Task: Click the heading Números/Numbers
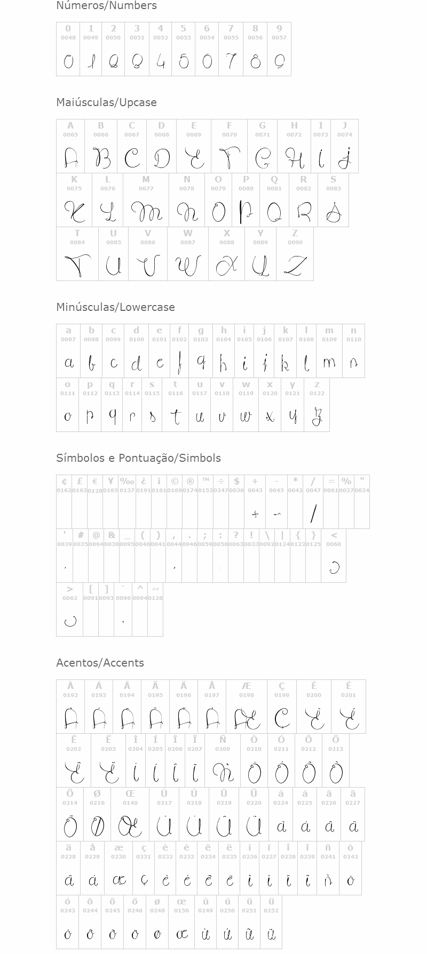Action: [x=106, y=6]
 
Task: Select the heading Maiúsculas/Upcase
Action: [x=106, y=102]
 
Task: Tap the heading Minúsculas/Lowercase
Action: [x=115, y=307]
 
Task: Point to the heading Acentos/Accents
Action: [x=100, y=663]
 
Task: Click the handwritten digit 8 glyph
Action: [x=256, y=62]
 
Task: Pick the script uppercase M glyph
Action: [x=146, y=212]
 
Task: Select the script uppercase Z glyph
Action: [x=295, y=265]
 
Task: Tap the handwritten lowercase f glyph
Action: [x=180, y=363]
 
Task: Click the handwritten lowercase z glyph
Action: [x=317, y=416]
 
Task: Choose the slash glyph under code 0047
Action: [x=313, y=514]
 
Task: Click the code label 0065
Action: [x=70, y=135]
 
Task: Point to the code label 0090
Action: [x=295, y=243]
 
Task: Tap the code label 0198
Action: [x=247, y=695]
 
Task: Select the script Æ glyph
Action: [x=247, y=719]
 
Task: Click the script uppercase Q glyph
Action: [x=274, y=212]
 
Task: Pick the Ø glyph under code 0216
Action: [x=97, y=827]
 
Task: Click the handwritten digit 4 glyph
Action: [x=160, y=62]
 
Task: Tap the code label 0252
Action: [x=271, y=911]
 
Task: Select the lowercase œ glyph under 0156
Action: [x=181, y=934]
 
